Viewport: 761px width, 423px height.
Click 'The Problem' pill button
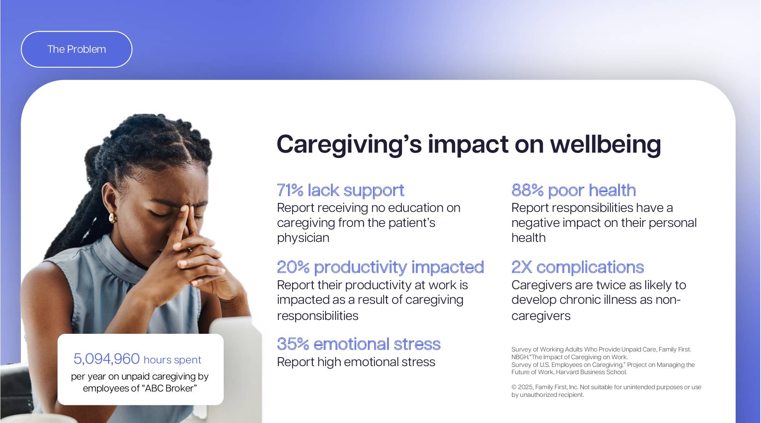click(x=76, y=49)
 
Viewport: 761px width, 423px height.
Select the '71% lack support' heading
click(x=340, y=190)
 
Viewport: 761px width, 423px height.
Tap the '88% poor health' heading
click(x=573, y=190)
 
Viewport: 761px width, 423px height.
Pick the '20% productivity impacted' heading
click(x=380, y=267)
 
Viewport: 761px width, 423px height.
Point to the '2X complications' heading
click(x=577, y=267)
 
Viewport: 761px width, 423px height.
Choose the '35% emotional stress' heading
click(x=358, y=344)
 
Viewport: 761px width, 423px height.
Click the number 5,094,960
click(x=106, y=359)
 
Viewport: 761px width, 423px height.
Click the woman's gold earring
click(x=112, y=218)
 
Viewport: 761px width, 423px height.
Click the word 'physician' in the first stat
click(x=303, y=238)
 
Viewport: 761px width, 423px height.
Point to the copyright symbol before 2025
click(x=514, y=387)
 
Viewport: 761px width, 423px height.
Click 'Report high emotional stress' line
click(x=356, y=362)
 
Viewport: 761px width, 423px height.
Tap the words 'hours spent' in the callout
click(x=172, y=360)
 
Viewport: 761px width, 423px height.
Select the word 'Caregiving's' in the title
click(x=349, y=144)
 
